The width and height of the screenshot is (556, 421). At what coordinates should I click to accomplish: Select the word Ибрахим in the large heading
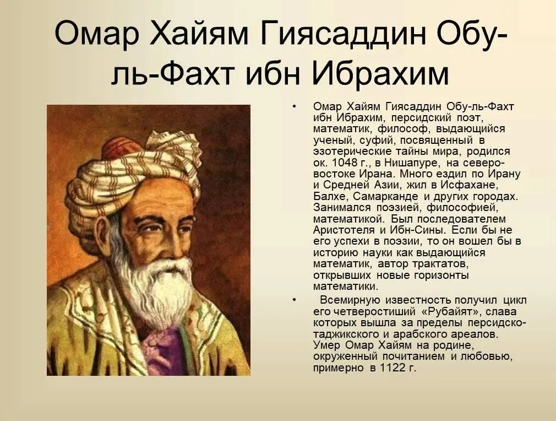pyautogui.click(x=380, y=74)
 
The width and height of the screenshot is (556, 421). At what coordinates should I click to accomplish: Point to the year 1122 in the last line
pyautogui.click(x=393, y=368)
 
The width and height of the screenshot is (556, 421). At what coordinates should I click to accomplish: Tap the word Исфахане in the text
pyautogui.click(x=470, y=185)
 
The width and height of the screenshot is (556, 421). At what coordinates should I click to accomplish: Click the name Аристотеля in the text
pyautogui.click(x=344, y=230)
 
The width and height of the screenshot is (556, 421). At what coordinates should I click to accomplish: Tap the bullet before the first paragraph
pyautogui.click(x=293, y=106)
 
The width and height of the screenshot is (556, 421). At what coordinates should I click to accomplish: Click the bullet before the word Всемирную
pyautogui.click(x=293, y=300)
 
